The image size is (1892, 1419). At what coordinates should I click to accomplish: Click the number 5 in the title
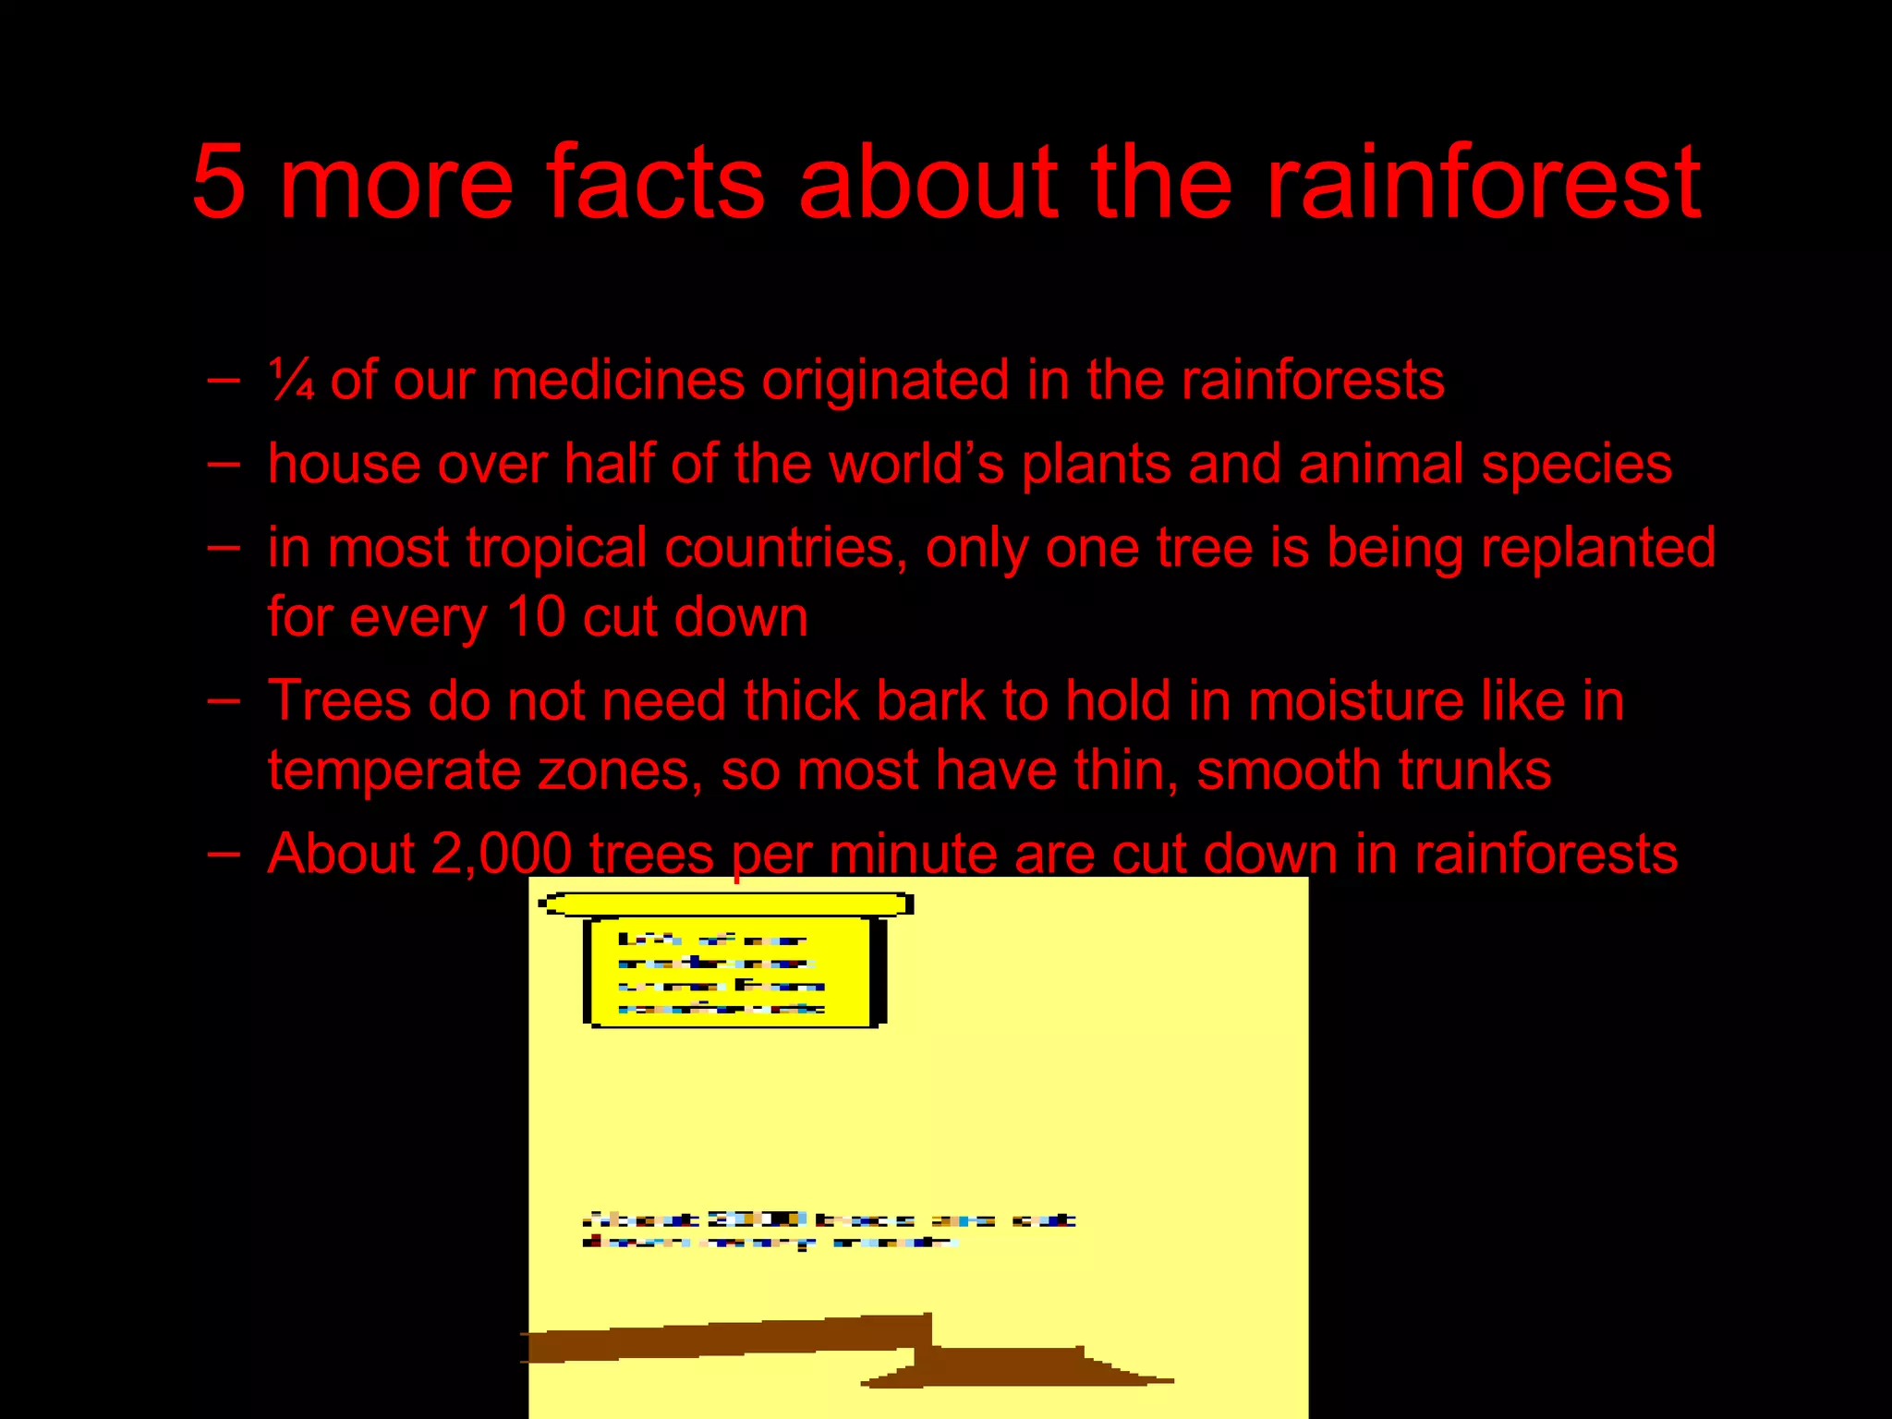219,182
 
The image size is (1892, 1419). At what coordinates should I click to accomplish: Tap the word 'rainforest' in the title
1482,182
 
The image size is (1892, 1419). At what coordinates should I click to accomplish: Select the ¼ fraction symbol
291,381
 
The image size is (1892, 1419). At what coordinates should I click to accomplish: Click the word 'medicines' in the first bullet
618,381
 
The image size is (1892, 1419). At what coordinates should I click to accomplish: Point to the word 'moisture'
1356,700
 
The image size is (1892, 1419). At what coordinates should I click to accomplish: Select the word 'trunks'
1474,770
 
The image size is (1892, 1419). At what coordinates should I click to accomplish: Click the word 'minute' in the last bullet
913,854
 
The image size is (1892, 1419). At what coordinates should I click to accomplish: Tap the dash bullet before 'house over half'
224,462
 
